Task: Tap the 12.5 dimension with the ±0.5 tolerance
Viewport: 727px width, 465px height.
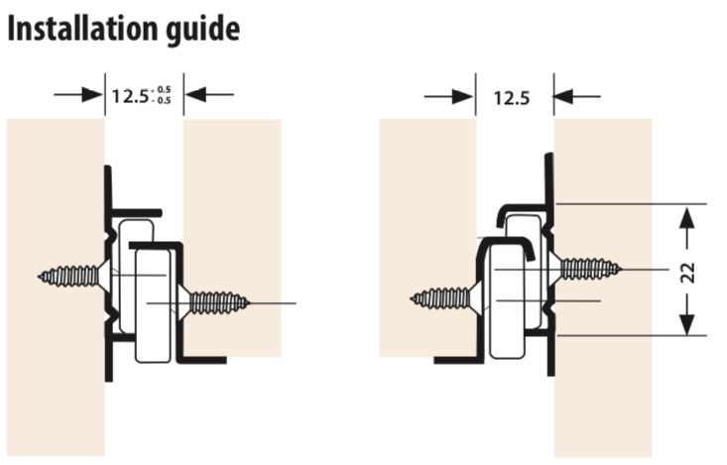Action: (142, 95)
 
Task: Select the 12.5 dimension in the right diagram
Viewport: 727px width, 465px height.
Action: (512, 98)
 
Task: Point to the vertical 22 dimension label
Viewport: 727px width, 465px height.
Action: (687, 273)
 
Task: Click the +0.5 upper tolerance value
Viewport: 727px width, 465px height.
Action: (163, 89)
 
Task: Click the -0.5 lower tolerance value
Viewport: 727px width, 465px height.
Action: (163, 100)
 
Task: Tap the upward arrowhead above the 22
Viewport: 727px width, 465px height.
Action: (687, 217)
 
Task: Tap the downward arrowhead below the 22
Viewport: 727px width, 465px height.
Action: (687, 323)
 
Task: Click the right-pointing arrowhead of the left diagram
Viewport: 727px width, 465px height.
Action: (92, 94)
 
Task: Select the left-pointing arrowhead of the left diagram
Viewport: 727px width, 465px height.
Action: (195, 94)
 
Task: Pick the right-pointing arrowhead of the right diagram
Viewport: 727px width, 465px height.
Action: (462, 97)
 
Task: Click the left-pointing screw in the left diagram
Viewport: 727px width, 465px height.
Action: (74, 277)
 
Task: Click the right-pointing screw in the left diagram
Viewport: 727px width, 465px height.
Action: (214, 303)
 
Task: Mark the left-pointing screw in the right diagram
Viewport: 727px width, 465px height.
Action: (447, 298)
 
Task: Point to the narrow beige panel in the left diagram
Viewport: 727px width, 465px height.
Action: (232, 238)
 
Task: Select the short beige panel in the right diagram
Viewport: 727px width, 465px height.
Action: (427, 238)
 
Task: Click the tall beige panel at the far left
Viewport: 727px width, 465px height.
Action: (56, 288)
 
